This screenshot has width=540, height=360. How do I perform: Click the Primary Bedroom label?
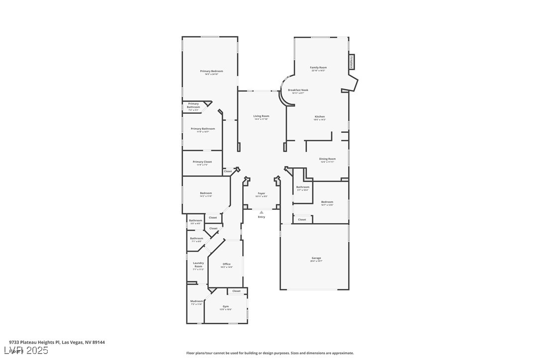pos(211,71)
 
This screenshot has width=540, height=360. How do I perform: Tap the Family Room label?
pos(318,68)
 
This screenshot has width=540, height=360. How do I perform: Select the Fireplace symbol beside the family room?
pos(352,62)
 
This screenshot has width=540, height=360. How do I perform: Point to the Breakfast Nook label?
pos(298,90)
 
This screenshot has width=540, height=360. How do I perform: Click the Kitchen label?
pos(319,117)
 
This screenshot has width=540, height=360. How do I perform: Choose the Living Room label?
pos(261,116)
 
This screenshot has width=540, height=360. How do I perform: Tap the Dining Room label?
pos(327,159)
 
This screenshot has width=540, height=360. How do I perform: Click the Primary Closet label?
pos(202,162)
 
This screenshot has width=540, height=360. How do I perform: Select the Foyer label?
pos(261,193)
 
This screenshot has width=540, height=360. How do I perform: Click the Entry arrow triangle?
pos(262,212)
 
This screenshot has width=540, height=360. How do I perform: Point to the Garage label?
pos(316,258)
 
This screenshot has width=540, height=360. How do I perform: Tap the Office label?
pos(226,264)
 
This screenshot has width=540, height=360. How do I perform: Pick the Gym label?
pos(226,306)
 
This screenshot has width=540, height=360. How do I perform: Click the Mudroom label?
pos(196,301)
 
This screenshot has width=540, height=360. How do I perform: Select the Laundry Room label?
pos(198,265)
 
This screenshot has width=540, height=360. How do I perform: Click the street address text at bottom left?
pos(57,342)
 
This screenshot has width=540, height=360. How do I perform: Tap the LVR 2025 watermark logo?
pos(29,351)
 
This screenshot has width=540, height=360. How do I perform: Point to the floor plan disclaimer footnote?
pos(270,353)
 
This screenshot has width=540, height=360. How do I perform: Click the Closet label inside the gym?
pos(236,291)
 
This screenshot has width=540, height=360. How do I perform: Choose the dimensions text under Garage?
pos(316,261)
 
